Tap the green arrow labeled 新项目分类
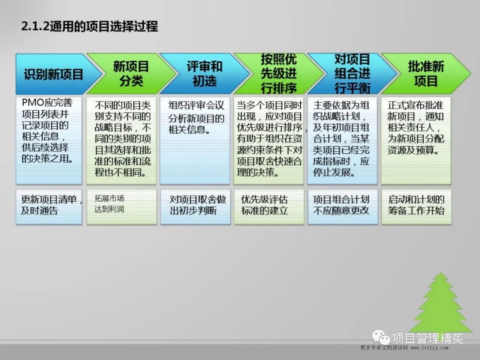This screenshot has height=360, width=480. click(x=127, y=74)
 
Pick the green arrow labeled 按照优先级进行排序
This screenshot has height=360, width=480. click(x=278, y=74)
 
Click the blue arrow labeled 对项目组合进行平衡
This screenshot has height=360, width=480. click(x=352, y=74)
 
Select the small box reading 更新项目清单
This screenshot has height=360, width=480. click(x=49, y=206)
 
